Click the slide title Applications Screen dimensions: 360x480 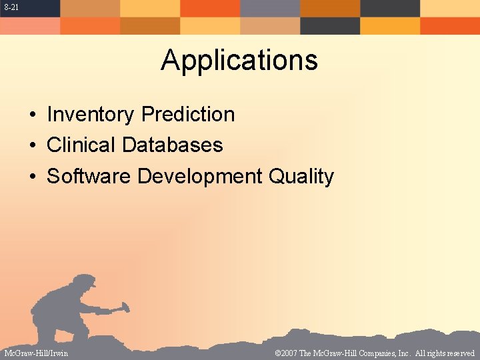coord(239,60)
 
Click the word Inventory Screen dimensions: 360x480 coord(90,115)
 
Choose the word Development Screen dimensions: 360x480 coord(199,177)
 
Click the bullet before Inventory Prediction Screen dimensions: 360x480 coord(32,115)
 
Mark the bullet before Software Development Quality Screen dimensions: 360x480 coord(32,177)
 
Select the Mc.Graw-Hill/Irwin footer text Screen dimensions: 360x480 coord(36,353)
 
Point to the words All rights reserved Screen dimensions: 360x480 coord(445,353)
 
